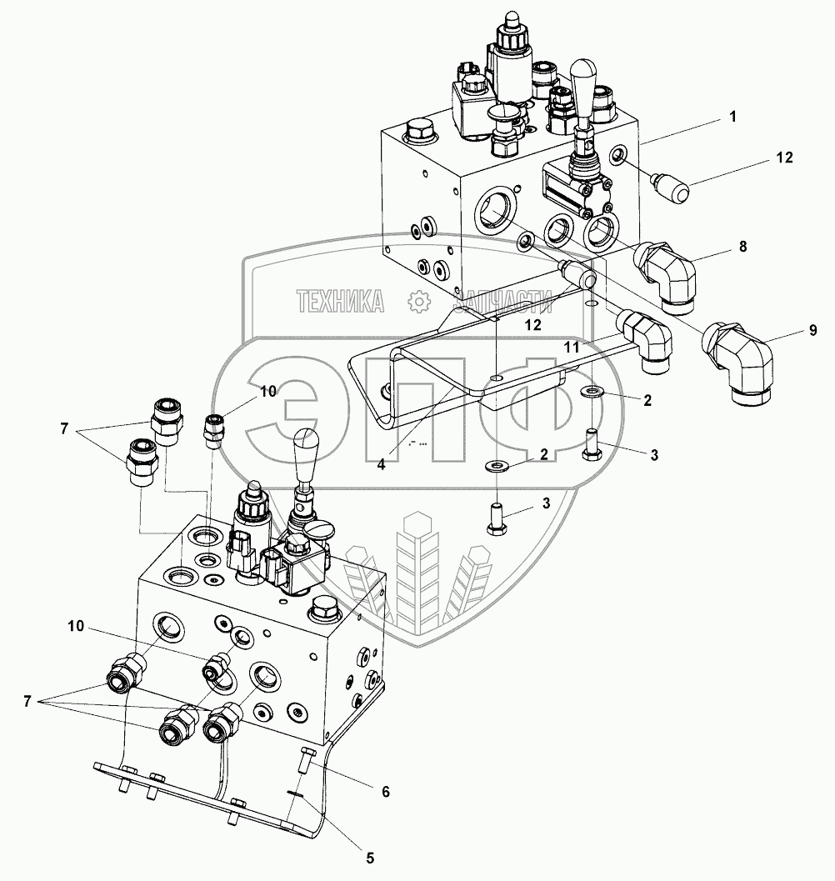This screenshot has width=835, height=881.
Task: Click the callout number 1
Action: point(732,118)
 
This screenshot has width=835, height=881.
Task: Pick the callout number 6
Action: point(386,792)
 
